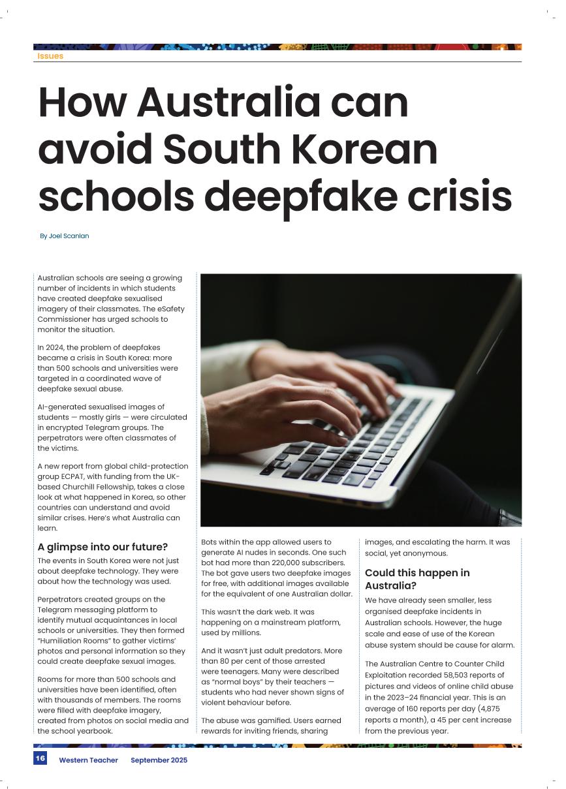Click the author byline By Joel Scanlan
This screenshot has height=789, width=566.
64,236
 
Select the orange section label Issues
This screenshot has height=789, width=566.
50,56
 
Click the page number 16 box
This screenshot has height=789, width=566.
40,758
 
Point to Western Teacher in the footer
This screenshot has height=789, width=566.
88,760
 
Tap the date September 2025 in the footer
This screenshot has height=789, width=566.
159,760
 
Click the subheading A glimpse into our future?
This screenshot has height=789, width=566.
102,547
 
